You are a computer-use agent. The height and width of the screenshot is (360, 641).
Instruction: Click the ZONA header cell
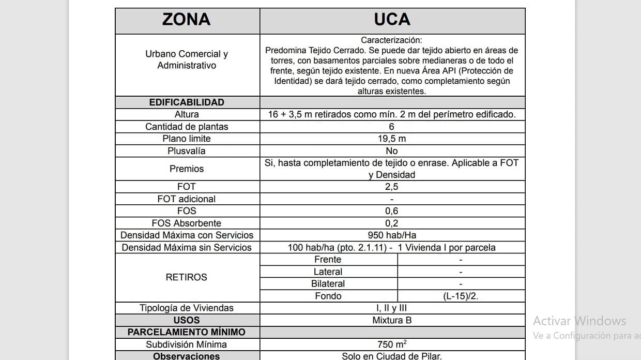point(186,20)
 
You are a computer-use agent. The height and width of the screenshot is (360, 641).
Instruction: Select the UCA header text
point(392,20)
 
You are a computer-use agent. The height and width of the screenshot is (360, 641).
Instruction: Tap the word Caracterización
point(391,40)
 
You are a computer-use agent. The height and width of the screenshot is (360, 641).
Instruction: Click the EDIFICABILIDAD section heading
point(187,102)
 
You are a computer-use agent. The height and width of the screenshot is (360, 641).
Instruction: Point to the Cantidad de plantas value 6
point(392,127)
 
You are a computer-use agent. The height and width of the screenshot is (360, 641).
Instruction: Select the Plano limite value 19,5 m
point(392,139)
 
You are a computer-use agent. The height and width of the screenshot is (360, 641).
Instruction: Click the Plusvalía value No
point(392,151)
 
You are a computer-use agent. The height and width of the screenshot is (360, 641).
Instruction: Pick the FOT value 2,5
point(392,187)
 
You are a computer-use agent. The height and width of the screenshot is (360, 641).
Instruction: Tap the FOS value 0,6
point(392,211)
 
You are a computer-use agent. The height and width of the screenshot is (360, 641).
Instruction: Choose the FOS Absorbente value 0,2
point(392,223)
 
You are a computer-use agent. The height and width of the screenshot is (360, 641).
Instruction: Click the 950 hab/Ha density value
point(392,235)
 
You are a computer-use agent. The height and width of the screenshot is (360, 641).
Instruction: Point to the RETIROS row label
point(186,277)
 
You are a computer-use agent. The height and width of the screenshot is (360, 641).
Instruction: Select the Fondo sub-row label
point(328,296)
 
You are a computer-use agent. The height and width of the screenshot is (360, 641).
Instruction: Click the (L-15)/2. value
point(461,296)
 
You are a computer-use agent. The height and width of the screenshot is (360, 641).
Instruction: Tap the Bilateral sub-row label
point(328,283)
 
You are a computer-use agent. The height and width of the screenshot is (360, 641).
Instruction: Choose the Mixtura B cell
point(392,320)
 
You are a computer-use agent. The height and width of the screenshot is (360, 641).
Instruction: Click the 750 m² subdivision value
point(392,344)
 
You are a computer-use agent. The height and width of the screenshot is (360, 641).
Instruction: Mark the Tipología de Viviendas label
point(187,308)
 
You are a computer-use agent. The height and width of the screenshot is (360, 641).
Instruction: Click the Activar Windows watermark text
point(579,321)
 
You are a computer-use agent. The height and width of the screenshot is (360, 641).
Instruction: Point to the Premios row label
point(187,169)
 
